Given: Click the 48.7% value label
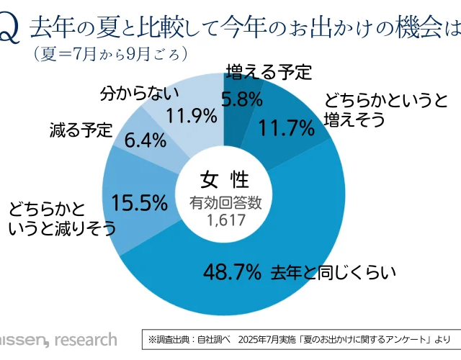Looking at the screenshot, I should click(x=231, y=272).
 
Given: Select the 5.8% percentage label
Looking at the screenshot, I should click(x=241, y=100).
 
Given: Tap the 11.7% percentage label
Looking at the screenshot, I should click(x=287, y=129).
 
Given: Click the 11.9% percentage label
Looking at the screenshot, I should click(x=192, y=115).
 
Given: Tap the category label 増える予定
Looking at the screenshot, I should click(x=269, y=72).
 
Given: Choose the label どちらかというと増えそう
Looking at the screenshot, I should click(x=375, y=110).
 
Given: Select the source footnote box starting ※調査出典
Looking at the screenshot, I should click(x=300, y=338).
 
